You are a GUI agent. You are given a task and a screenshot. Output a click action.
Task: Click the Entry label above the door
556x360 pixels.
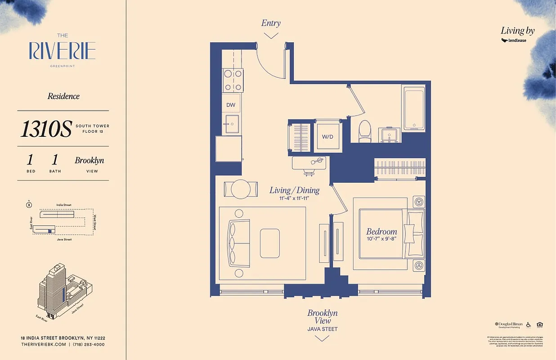[271, 23]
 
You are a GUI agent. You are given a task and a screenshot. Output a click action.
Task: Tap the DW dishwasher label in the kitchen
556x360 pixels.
[231, 105]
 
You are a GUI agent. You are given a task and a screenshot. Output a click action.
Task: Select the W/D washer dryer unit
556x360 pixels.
[327, 136]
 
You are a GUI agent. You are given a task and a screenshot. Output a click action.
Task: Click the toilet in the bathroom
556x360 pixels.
[364, 130]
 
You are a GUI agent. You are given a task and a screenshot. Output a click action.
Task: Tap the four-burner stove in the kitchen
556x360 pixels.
[233, 80]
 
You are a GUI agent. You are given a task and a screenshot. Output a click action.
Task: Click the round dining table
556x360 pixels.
[241, 189]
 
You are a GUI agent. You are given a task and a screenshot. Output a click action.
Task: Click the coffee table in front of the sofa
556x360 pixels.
[269, 243]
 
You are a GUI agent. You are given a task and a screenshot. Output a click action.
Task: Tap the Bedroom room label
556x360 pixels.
[381, 232]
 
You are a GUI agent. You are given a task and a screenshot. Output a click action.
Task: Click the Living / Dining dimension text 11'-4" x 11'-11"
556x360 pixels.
[294, 198]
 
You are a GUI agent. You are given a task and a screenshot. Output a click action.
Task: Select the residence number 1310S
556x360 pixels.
[46, 129]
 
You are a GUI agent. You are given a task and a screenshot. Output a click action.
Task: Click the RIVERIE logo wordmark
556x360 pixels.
[63, 51]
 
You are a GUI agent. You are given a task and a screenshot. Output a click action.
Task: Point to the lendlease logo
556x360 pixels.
[514, 40]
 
